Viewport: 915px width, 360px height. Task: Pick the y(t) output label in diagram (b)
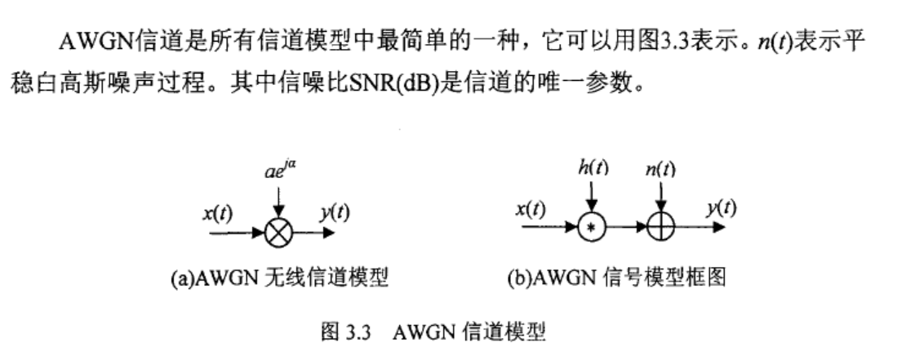718,209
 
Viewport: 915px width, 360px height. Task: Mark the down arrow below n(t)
660,198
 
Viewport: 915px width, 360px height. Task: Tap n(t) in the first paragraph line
775,39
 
